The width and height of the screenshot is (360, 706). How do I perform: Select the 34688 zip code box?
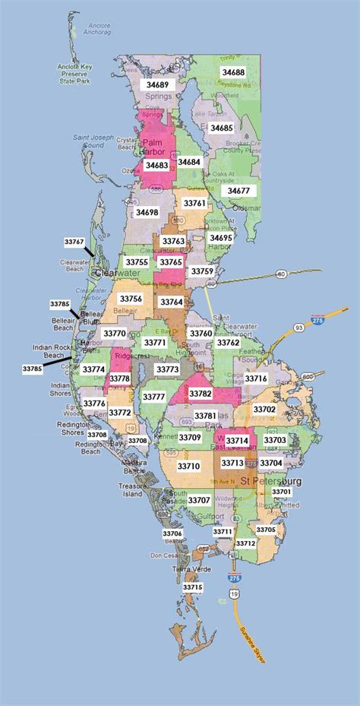pos(232,71)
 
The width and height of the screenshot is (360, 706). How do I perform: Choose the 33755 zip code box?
pos(137,262)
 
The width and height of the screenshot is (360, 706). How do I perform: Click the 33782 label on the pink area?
pos(201,393)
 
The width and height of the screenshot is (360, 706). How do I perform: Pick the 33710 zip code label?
pos(188,466)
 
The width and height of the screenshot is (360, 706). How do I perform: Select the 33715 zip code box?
pos(192,587)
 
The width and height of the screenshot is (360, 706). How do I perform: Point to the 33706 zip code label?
pos(172,533)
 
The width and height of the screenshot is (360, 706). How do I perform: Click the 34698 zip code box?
pos(147,213)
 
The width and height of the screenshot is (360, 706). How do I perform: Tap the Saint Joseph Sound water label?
pos(88,141)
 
